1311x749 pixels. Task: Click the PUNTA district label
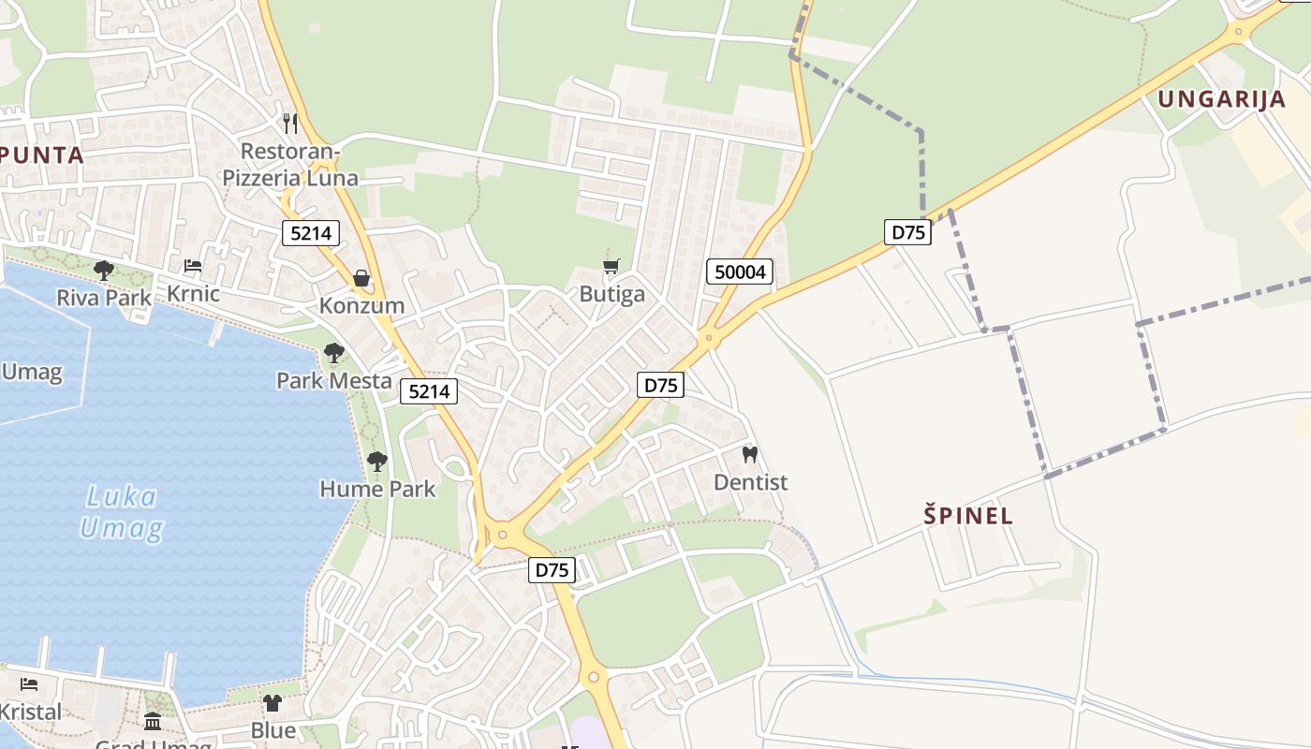click(43, 154)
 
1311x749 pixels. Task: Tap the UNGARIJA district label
click(1221, 99)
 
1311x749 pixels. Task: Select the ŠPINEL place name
click(968, 515)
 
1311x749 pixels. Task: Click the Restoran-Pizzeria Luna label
click(289, 165)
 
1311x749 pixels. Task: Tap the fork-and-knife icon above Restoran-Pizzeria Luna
click(290, 123)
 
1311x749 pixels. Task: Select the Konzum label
click(361, 305)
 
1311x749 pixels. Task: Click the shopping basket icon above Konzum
click(361, 278)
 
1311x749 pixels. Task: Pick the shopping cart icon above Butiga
click(611, 267)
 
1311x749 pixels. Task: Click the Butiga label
click(611, 294)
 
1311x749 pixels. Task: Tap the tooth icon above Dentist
click(749, 455)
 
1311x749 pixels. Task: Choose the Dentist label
click(750, 482)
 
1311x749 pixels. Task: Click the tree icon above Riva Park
click(103, 271)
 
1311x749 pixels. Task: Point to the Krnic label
click(193, 294)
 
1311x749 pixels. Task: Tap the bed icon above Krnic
click(193, 267)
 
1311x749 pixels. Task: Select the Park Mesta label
click(333, 380)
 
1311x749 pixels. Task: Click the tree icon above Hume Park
click(377, 461)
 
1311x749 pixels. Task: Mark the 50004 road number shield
click(740, 272)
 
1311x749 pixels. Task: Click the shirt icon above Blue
click(273, 702)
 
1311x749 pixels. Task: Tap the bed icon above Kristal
click(29, 684)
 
